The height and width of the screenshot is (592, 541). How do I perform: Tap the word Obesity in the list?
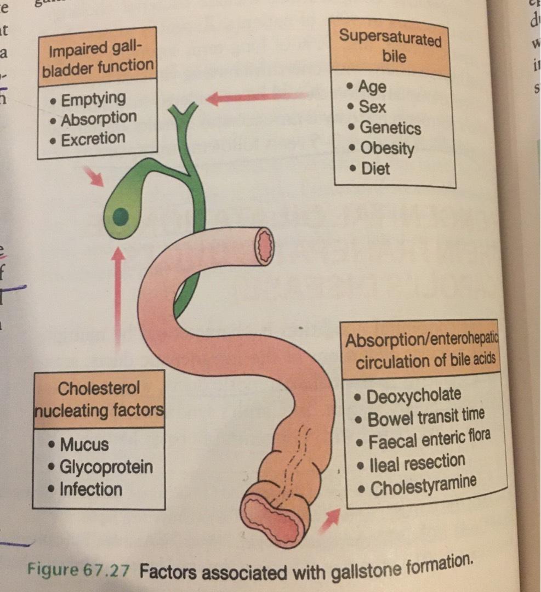click(387, 148)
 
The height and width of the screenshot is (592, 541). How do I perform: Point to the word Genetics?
click(390, 128)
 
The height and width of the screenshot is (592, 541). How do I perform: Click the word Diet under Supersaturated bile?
click(375, 168)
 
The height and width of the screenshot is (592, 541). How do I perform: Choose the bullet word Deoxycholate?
click(413, 395)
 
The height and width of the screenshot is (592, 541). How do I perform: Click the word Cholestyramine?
click(423, 486)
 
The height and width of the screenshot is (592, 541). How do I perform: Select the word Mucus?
click(84, 444)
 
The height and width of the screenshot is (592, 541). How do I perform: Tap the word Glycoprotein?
click(106, 467)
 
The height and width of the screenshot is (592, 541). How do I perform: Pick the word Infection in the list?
click(91, 489)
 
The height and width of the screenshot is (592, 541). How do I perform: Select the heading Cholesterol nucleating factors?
click(99, 399)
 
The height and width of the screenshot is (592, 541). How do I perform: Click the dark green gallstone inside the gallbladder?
click(121, 218)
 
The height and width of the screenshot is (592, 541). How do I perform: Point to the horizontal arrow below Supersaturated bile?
click(255, 98)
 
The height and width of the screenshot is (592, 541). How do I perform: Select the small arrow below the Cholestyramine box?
click(329, 520)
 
